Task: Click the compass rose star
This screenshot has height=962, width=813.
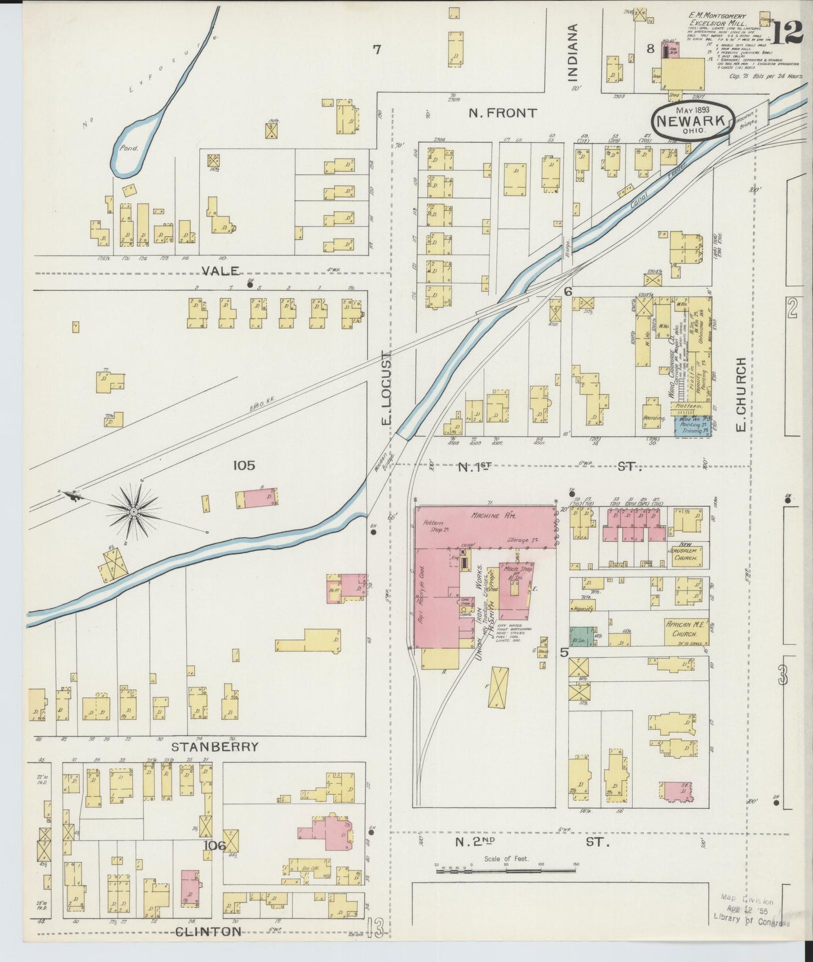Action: pyautogui.click(x=134, y=511)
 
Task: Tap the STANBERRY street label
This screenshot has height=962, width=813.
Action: pyautogui.click(x=215, y=747)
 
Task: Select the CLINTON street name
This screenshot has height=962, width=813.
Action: pyautogui.click(x=208, y=932)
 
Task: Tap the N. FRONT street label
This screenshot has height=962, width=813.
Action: pyautogui.click(x=502, y=113)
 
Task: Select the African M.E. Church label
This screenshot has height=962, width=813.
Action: pyautogui.click(x=685, y=629)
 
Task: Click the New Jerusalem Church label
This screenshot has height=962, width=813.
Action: pyautogui.click(x=683, y=554)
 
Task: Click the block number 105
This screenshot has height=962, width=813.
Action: pyautogui.click(x=243, y=465)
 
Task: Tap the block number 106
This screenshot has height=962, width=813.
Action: pyautogui.click(x=214, y=846)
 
